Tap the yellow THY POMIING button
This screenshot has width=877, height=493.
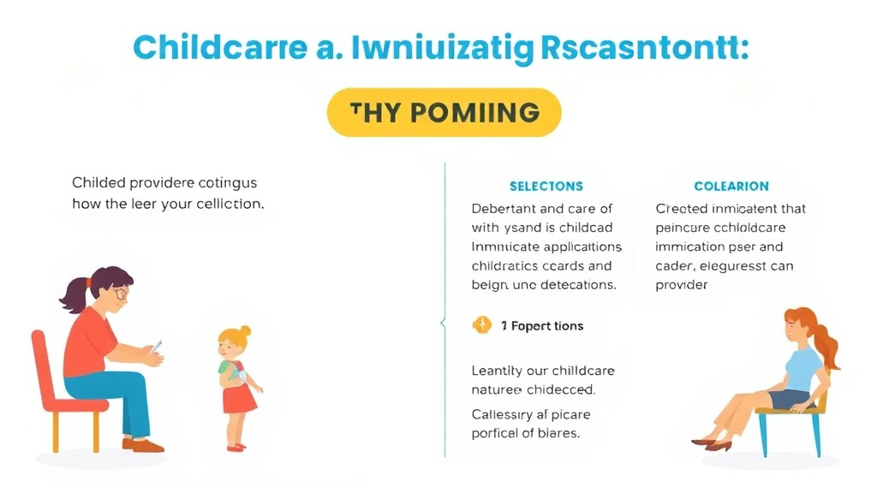click(x=444, y=112)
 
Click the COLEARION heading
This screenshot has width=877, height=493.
click(x=731, y=186)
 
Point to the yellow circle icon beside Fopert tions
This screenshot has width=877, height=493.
click(x=482, y=325)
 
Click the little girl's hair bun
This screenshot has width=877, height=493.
click(x=245, y=330)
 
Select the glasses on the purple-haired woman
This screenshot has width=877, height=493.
click(x=121, y=294)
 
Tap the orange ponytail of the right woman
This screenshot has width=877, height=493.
click(x=827, y=347)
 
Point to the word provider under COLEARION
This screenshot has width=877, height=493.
click(x=682, y=284)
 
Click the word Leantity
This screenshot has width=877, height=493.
click(x=498, y=371)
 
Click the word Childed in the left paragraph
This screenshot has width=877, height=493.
click(x=97, y=182)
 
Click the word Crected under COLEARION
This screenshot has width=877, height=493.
click(x=681, y=208)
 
